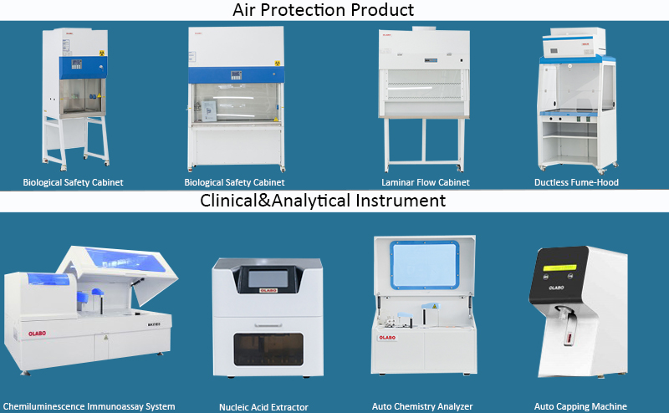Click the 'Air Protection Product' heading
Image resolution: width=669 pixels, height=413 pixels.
323,10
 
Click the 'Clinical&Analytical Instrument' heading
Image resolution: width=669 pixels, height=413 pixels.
323,201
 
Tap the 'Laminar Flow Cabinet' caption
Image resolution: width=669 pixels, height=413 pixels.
426,182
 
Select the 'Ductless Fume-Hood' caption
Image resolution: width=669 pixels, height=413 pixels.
576,182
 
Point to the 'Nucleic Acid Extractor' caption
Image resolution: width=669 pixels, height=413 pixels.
263,407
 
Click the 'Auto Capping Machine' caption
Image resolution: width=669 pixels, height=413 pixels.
580,406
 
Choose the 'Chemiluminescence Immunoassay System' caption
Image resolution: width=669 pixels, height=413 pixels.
89,406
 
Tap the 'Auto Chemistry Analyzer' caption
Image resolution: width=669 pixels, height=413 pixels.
422,406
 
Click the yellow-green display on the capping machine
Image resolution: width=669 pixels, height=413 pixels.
559,268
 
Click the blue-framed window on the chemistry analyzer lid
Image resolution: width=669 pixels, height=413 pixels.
425,265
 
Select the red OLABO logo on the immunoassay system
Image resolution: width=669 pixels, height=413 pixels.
37,334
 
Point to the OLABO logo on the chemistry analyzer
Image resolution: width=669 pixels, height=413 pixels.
387,338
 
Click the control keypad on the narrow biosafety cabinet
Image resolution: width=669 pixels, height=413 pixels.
76,64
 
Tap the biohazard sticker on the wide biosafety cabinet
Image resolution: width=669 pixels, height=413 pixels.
278,64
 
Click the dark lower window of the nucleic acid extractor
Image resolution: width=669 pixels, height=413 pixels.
268,349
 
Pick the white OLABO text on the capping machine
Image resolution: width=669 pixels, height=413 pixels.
556,288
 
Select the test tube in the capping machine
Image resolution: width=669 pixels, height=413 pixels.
569,333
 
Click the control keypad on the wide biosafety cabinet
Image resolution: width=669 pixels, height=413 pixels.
237,75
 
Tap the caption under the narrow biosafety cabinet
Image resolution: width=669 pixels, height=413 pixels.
73,182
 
